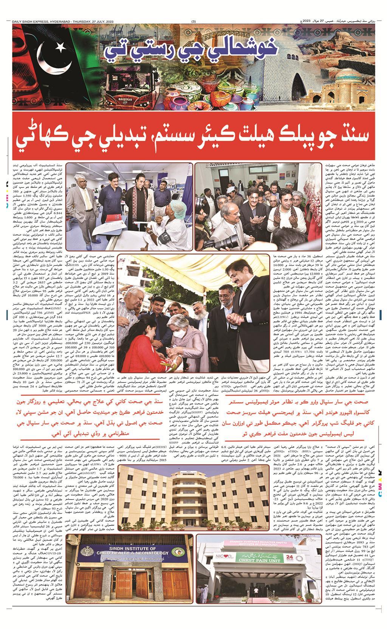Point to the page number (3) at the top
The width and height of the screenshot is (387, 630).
194,21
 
